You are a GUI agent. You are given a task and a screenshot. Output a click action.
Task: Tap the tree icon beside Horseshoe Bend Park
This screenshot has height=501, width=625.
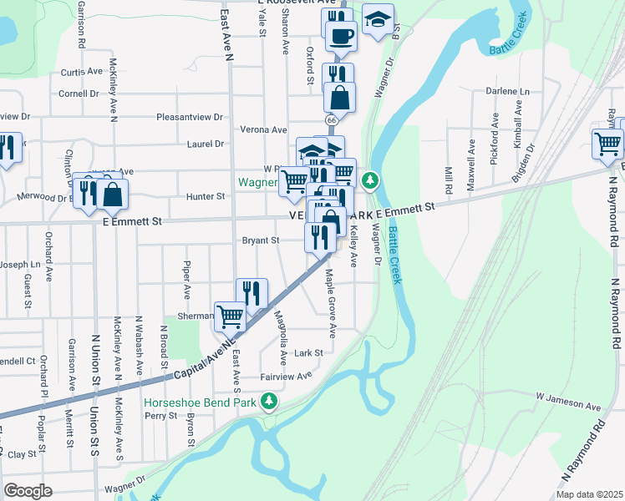click(269, 403)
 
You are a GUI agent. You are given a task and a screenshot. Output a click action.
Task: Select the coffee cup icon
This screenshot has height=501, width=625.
click(340, 36)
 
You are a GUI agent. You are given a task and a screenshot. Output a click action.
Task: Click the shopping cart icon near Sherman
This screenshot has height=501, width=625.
click(230, 316)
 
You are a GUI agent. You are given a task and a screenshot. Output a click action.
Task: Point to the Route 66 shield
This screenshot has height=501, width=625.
click(332, 121)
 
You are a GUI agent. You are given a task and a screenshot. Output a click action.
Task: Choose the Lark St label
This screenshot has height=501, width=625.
click(308, 353)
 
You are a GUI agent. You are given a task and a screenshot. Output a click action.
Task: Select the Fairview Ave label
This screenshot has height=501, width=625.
click(287, 376)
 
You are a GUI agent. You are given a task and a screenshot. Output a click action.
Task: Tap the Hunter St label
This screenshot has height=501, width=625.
click(206, 196)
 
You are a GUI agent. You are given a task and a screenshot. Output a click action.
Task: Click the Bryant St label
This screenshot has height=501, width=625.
click(260, 240)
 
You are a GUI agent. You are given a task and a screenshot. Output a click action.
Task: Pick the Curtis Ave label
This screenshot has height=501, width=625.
click(81, 72)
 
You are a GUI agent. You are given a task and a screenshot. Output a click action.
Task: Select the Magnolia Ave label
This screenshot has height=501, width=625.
click(282, 337)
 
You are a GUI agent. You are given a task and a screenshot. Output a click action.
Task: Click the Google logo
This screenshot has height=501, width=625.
click(28, 490)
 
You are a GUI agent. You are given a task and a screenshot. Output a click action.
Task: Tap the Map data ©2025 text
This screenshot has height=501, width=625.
click(588, 494)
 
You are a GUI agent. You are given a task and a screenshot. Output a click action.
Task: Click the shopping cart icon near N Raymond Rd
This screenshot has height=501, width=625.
click(607, 143)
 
